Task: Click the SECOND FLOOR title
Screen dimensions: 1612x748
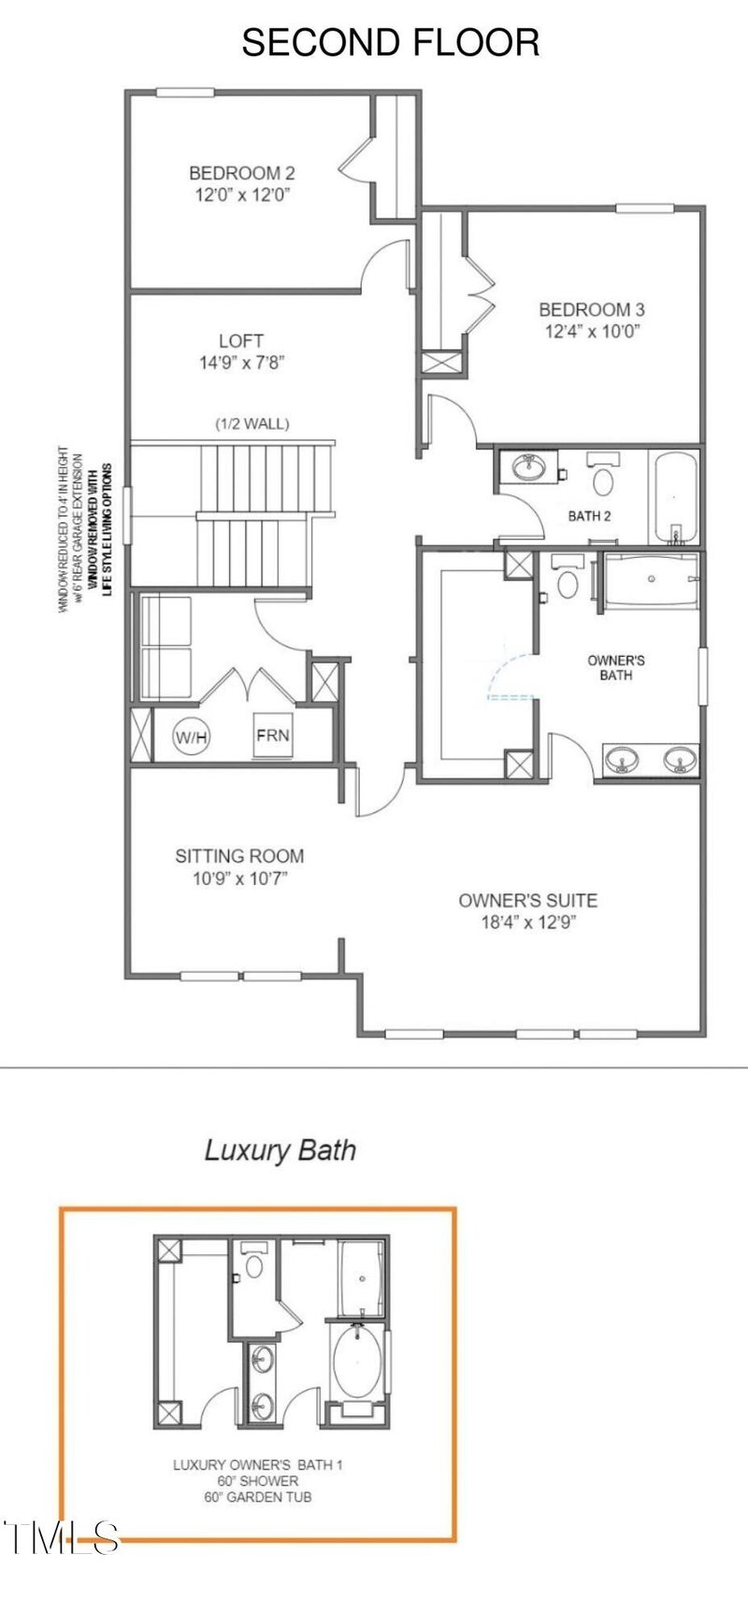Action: tap(391, 43)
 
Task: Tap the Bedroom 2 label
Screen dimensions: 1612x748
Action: tap(241, 173)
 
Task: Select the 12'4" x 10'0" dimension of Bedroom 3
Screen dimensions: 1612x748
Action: tap(591, 331)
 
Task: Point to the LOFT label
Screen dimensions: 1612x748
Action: tap(241, 341)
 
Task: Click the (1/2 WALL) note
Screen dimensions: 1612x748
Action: tap(252, 423)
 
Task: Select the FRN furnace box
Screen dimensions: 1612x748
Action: tap(273, 735)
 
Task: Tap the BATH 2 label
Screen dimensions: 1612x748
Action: tap(590, 516)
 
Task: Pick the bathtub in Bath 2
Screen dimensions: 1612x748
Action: tap(674, 497)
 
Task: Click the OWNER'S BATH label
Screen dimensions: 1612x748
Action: tap(615, 667)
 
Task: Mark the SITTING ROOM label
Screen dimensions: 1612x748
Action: tap(239, 855)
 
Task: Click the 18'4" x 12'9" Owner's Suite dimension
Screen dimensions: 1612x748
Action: tap(527, 923)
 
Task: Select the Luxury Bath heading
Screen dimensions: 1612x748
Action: tap(280, 1149)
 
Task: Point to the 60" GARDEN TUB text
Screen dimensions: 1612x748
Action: tap(258, 1496)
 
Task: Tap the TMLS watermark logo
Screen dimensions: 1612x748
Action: tap(61, 1537)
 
